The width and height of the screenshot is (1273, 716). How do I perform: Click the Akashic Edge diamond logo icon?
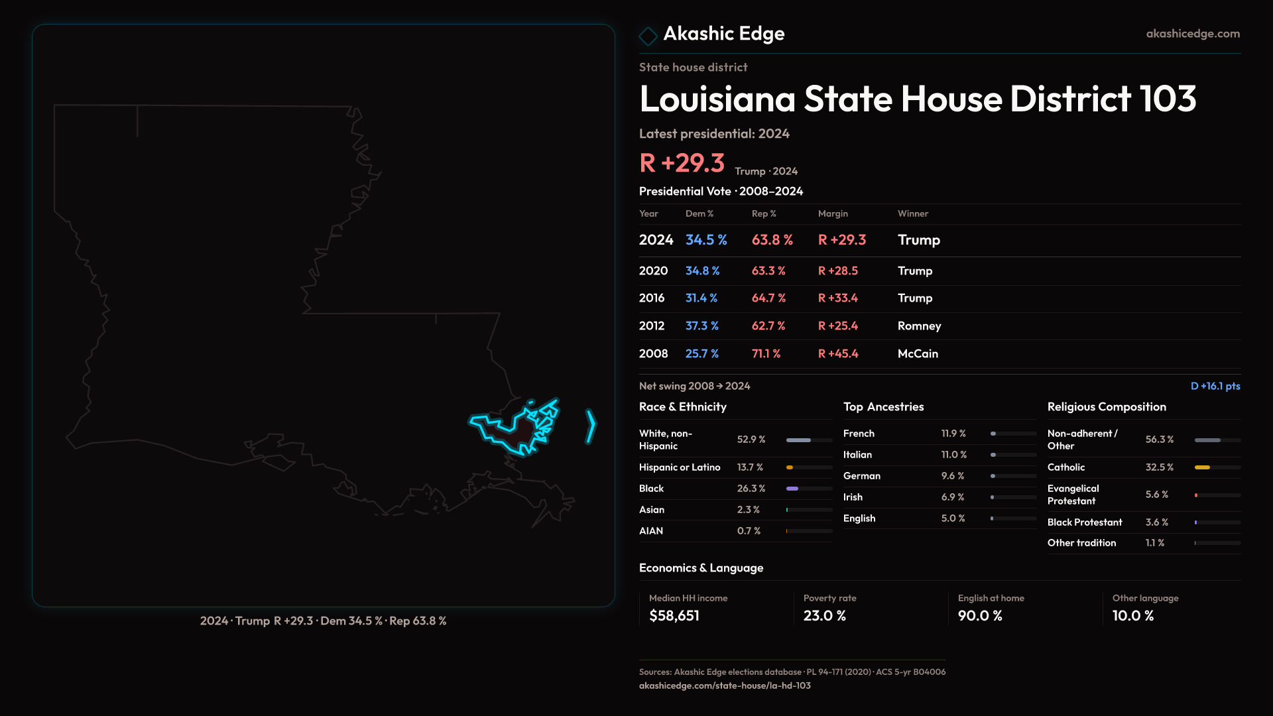648,35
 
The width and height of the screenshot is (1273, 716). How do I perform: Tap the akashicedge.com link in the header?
1192,34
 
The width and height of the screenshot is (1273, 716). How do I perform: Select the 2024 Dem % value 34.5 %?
706,240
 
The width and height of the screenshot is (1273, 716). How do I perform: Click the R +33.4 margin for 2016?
837,298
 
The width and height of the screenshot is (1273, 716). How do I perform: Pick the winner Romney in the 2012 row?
919,326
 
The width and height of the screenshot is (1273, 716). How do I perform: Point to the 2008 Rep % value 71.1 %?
766,354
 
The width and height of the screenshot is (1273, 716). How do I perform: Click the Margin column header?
833,213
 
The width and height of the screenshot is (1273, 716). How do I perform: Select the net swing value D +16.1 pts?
1215,386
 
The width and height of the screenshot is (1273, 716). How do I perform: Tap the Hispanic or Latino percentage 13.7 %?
750,467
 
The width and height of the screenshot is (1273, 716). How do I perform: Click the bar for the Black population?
792,489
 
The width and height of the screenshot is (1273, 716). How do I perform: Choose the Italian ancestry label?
857,455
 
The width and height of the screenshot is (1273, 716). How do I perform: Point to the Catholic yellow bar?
1202,467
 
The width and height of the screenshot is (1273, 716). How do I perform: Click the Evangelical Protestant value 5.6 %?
1156,495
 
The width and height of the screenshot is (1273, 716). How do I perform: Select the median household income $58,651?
674,616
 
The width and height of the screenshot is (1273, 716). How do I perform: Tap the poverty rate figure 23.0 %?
824,616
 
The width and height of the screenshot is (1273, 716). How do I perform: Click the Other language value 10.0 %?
1132,616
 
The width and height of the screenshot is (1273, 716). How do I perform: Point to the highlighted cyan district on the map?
520,431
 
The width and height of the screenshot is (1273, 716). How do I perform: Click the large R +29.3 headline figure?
682,163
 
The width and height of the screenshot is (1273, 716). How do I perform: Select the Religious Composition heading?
1106,407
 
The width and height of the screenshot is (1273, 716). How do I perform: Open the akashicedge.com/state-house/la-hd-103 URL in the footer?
724,686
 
